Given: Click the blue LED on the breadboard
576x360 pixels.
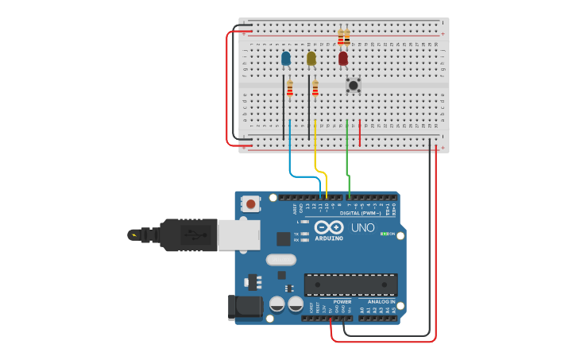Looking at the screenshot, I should (x=286, y=59).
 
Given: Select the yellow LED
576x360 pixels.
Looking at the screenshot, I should (x=311, y=59).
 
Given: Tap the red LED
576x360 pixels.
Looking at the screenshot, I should (x=343, y=59).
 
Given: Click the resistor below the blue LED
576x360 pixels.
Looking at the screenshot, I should (x=290, y=89).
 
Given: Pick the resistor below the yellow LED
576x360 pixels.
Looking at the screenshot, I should (x=315, y=89).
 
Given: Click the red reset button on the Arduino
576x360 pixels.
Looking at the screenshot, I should (x=251, y=203).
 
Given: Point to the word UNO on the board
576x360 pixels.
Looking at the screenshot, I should (x=363, y=228).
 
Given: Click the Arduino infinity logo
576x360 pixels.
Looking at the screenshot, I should (x=329, y=227).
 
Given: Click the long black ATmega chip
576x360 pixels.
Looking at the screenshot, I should (x=350, y=285).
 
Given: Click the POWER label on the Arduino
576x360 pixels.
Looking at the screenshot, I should (x=342, y=302).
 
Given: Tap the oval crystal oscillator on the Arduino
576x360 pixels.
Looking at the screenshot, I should (x=280, y=259).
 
